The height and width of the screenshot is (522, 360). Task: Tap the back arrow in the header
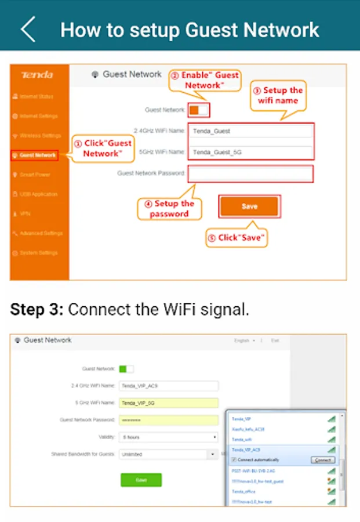pos(27,30)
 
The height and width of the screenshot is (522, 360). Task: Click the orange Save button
pos(249,206)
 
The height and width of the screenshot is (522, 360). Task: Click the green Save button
pos(141,480)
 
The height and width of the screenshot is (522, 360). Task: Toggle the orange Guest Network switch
pos(198,110)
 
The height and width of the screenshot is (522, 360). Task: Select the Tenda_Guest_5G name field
pos(250,152)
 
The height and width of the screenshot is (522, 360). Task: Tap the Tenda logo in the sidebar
pos(37,75)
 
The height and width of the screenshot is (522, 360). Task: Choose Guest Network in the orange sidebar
pos(38,155)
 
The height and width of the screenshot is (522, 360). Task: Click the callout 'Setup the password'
pos(170,209)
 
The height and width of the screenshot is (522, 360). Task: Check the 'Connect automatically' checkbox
pos(234,459)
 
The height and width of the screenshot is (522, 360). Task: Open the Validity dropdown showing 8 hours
pos(168,437)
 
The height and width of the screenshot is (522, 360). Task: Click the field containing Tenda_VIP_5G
pos(168,403)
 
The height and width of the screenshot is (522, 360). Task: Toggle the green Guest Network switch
pos(126,368)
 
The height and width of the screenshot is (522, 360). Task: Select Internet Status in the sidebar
pos(37,96)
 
